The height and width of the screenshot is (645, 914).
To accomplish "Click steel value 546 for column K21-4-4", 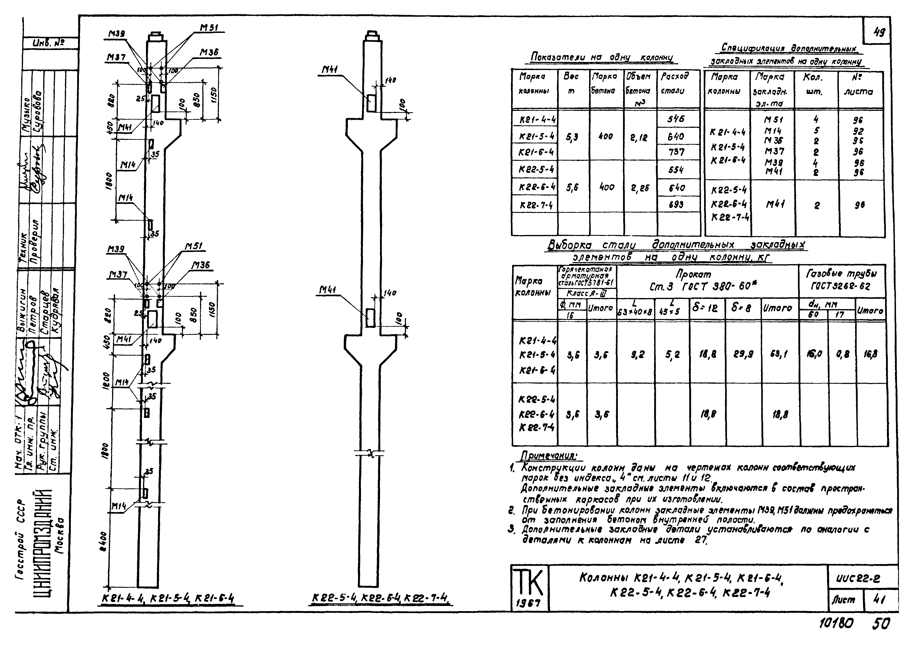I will click(676, 119).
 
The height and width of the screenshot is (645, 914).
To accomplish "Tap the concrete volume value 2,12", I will click(638, 138).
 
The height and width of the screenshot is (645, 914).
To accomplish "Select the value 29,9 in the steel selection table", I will click(743, 354).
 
